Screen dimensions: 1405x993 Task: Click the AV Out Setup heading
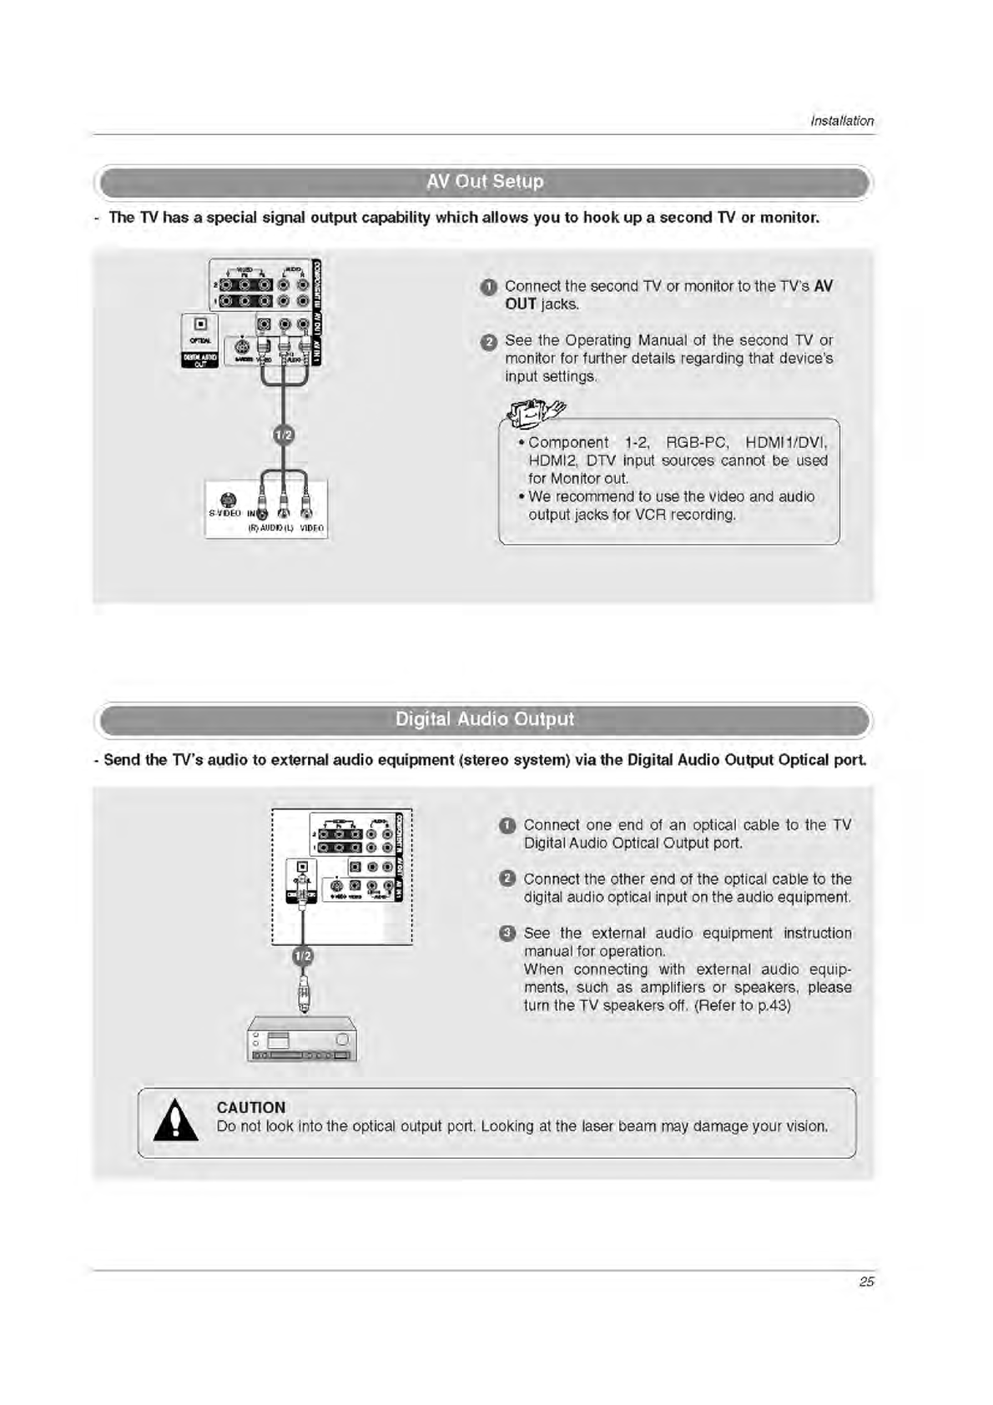[x=484, y=182]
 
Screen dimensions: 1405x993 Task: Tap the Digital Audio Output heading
[x=484, y=719]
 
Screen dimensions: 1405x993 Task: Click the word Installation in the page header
[x=842, y=121]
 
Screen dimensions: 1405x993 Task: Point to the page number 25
[x=866, y=1282]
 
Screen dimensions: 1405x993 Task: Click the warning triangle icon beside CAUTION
[x=176, y=1121]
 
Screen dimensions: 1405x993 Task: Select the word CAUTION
[x=250, y=1107]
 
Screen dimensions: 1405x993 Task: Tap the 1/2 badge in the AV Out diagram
[x=284, y=435]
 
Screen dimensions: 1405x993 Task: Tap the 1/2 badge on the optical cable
[x=303, y=955]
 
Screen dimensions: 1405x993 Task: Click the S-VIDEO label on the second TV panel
[x=224, y=512]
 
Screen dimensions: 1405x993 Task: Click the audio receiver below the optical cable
[x=302, y=1040]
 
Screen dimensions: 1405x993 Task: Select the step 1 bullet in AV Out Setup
[x=489, y=288]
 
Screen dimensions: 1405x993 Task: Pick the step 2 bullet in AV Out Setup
[x=489, y=342]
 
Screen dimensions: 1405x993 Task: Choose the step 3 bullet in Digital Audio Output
[x=507, y=934]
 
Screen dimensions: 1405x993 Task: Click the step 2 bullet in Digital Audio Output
[x=507, y=879]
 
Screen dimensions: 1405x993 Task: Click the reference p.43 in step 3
[x=772, y=1005]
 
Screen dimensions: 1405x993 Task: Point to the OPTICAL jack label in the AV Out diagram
[x=199, y=340]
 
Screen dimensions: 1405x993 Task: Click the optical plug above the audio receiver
[x=304, y=995]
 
